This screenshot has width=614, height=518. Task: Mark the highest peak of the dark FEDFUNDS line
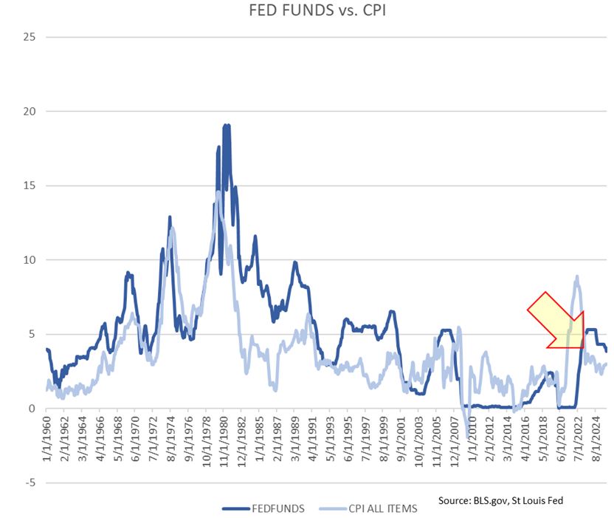226,125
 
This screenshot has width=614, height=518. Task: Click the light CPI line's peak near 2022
576,276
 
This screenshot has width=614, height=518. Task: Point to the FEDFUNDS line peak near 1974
170,217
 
